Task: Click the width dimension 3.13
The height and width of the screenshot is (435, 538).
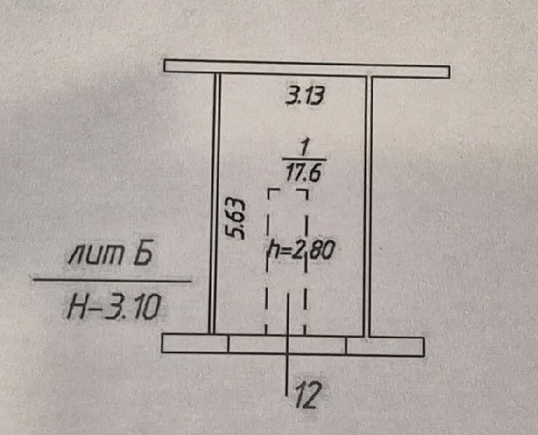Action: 305,96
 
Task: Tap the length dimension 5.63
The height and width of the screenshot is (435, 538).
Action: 236,219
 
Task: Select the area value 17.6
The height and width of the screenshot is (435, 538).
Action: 303,173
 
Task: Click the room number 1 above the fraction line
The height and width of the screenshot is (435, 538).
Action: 303,148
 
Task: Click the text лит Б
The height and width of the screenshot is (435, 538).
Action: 111,254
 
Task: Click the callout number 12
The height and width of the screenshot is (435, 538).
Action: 308,394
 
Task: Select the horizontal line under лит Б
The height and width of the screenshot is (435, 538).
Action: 112,280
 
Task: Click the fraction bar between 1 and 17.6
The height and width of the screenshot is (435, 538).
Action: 304,159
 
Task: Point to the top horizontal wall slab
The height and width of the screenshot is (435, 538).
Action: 307,69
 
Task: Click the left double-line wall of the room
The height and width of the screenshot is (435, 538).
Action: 214,203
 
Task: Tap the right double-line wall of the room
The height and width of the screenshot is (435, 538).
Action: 368,206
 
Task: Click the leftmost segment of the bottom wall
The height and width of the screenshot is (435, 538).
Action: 195,343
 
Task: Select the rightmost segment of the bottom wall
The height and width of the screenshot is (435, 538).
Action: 385,347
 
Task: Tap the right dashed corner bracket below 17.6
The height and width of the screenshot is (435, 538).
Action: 303,195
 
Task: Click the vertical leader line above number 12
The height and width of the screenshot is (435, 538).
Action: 287,345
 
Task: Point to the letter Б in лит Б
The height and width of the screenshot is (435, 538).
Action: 143,254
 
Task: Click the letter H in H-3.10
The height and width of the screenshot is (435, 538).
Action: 75,307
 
